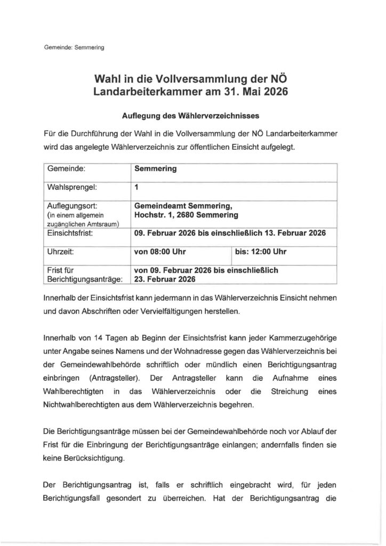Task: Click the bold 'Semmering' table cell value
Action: pos(155,169)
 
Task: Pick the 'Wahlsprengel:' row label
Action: pos(74,188)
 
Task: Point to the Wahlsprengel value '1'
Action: pos(136,188)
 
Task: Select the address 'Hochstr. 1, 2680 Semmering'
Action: pos(186,215)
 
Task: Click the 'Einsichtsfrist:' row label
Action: pos(71,233)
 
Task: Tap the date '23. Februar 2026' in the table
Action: pos(165,279)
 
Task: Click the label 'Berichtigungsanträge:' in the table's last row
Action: pos(85,279)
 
